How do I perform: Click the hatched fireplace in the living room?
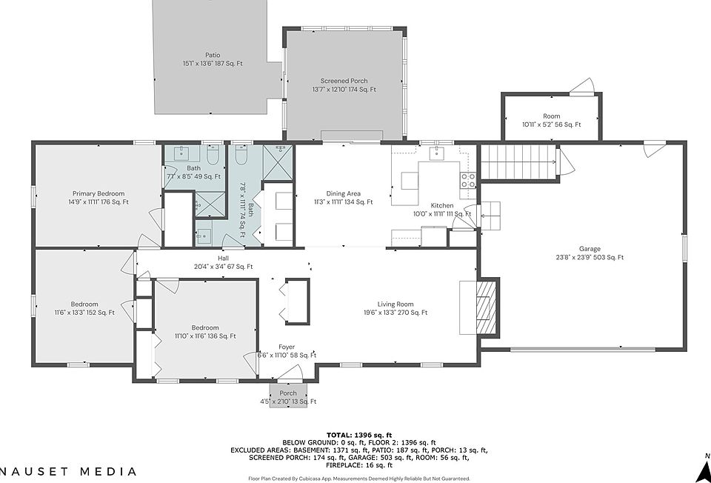487,307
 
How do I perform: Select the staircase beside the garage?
518,162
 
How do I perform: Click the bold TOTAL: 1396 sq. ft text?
359,436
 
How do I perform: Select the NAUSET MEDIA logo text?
68,472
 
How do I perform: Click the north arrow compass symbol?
704,470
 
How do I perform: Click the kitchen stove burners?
468,180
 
